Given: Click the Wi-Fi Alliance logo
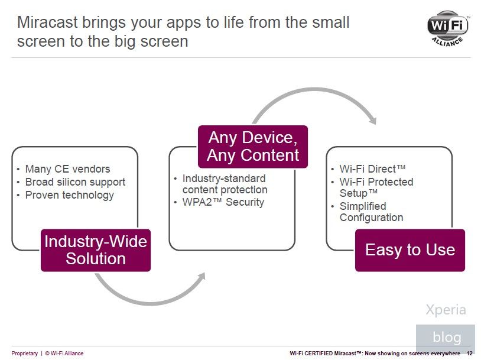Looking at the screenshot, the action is (448, 28).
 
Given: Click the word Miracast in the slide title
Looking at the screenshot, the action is (47, 22).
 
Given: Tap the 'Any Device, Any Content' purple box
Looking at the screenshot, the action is (253, 147).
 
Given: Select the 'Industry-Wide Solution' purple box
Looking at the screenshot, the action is (96, 250).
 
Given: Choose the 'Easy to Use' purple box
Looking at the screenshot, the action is (410, 250).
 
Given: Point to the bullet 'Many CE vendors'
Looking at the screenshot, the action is (67, 169).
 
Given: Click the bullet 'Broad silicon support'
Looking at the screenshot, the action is (75, 182).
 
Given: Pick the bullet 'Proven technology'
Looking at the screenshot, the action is (69, 195).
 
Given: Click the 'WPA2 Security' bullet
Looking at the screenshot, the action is (223, 202).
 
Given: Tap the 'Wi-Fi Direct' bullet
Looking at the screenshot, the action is (372, 169).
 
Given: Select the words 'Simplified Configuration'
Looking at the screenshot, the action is (371, 212).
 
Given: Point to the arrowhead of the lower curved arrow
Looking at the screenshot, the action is (201, 276).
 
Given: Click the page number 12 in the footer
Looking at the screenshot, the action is (469, 353).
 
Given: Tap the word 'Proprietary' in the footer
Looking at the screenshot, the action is (25, 353).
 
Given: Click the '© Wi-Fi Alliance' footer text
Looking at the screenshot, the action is (64, 353).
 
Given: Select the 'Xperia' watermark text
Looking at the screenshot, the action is (446, 310).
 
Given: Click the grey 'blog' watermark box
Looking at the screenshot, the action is (446, 337).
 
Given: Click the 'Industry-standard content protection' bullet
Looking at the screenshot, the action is (225, 184).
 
